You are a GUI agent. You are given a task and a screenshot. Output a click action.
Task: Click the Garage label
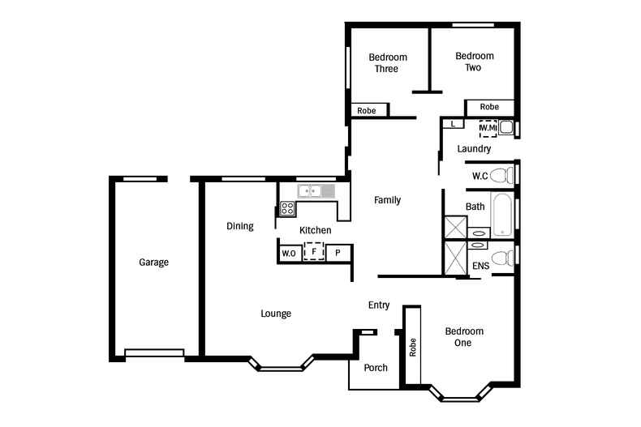click(x=153, y=263)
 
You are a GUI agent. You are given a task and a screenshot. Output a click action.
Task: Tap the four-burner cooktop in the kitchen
click(x=288, y=208)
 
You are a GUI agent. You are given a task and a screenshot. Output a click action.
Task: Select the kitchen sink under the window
click(x=316, y=191)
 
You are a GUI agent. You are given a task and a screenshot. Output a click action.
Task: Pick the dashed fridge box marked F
click(x=313, y=252)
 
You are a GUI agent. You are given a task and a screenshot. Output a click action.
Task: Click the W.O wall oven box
click(x=289, y=254)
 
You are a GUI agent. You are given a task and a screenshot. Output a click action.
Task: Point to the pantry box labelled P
click(x=338, y=254)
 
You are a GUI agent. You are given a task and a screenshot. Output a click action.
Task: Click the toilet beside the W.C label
click(x=504, y=175)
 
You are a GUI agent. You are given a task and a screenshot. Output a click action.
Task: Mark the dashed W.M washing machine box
click(x=488, y=128)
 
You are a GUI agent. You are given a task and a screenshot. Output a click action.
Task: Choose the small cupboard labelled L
click(x=453, y=123)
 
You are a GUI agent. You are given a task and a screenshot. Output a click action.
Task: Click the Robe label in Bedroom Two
click(x=489, y=107)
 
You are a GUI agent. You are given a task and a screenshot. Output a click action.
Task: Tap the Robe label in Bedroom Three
click(x=367, y=110)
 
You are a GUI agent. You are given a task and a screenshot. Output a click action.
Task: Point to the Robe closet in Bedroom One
click(x=412, y=348)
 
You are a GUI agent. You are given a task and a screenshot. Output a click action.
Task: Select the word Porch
click(x=375, y=368)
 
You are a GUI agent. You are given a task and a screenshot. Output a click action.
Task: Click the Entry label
click(x=379, y=305)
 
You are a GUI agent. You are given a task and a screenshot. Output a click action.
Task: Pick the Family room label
click(x=387, y=200)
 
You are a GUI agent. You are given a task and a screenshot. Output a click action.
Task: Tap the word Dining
click(x=239, y=227)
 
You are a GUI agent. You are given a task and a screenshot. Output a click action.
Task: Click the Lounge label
click(x=276, y=314)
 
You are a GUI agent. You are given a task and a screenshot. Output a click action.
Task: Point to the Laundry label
click(x=474, y=149)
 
